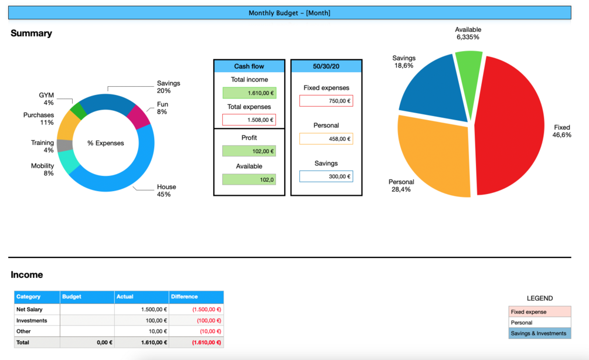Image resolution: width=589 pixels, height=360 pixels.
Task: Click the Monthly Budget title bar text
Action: coord(290,13)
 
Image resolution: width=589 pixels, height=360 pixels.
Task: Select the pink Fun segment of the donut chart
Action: coord(139,116)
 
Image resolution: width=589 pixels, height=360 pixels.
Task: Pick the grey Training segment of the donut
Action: coord(64,145)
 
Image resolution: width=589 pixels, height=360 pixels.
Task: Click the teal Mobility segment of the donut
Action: coord(69,162)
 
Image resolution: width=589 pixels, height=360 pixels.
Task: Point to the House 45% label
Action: coord(166,191)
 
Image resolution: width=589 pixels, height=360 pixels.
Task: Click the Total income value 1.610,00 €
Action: coord(249,93)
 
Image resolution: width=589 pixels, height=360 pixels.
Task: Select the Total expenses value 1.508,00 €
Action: coord(249,120)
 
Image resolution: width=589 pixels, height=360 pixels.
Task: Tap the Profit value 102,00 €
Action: coord(249,151)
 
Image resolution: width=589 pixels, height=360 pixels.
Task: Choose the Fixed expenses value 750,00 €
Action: coord(326,101)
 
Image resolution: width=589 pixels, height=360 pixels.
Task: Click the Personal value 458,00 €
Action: coord(326,139)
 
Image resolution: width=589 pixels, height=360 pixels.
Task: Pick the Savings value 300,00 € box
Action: coord(326,176)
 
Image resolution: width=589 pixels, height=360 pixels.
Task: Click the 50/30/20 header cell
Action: coord(326,66)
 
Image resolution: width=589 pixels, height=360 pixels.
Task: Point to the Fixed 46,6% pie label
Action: coord(561,131)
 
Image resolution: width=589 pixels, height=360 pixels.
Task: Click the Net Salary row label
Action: coord(29,309)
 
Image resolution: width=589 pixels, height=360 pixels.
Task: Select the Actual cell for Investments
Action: coord(142,321)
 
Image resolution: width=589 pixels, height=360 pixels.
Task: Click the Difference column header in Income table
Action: coord(185,297)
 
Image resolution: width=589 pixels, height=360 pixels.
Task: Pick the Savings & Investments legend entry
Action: coord(539,334)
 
